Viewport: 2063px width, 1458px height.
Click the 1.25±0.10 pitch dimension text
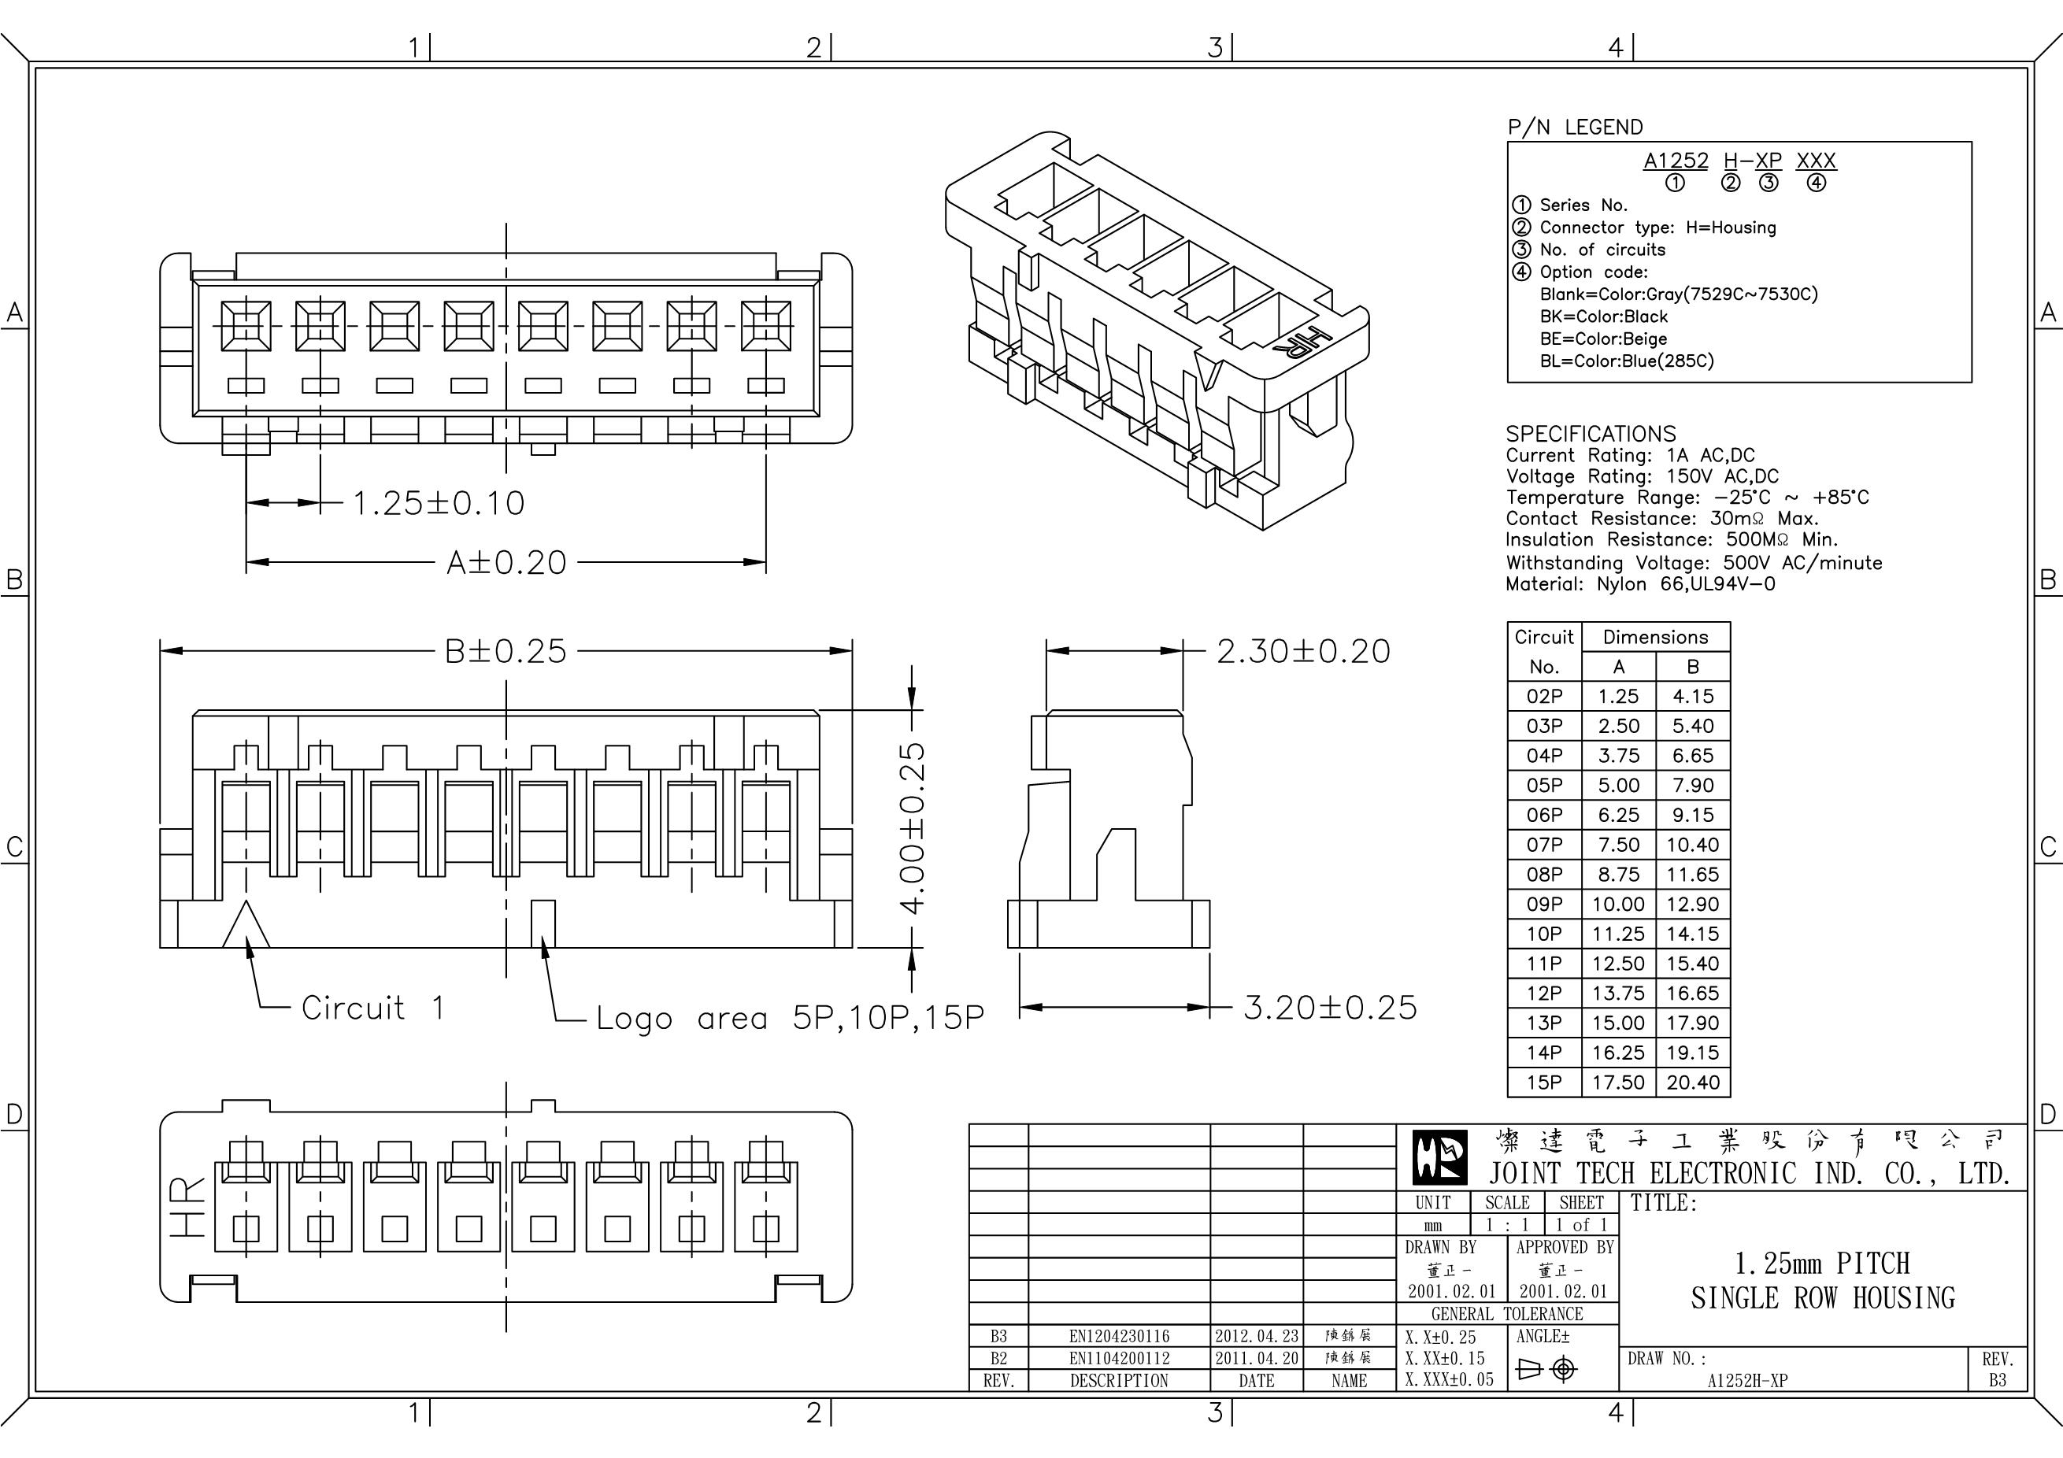click(439, 503)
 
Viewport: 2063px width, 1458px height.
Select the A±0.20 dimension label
click(507, 563)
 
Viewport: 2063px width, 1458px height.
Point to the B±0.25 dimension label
click(506, 651)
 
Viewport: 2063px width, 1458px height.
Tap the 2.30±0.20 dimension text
click(1303, 651)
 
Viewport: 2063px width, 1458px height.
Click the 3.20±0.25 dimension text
click(1330, 1008)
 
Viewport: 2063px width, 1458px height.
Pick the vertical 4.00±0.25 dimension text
click(912, 827)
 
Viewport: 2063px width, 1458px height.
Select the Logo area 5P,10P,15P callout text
click(790, 1018)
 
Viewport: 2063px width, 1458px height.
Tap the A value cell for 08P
click(1617, 874)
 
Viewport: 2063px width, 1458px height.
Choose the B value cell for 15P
click(1692, 1082)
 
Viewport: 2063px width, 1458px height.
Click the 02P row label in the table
click(1543, 696)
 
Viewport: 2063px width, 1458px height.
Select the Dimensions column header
click(1655, 637)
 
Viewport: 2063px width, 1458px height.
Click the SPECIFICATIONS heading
click(1591, 433)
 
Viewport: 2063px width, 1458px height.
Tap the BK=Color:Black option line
click(1603, 316)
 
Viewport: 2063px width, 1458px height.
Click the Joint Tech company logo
click(1440, 1158)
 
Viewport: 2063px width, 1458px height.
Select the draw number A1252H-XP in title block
click(1746, 1381)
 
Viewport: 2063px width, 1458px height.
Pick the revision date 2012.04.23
click(1256, 1336)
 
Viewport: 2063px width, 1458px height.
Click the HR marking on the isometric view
click(1305, 345)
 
